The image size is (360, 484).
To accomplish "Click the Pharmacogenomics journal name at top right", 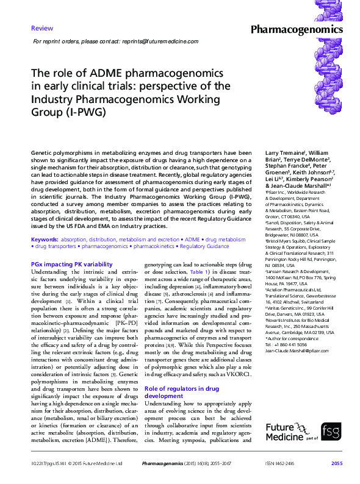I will [x=297, y=29].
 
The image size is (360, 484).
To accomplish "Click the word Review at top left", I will [x=41, y=29].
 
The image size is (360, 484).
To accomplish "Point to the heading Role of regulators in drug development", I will [x=181, y=391].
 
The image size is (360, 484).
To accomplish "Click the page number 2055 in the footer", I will [x=337, y=464].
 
